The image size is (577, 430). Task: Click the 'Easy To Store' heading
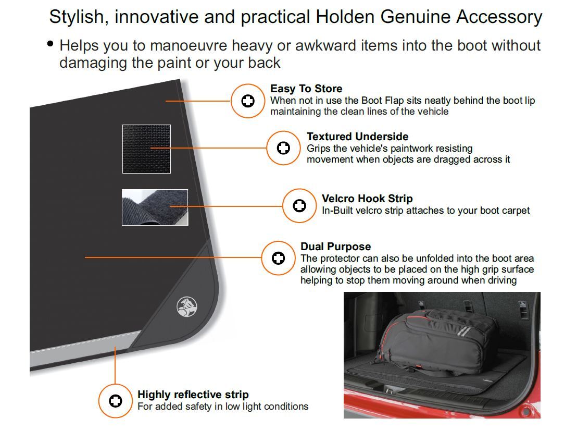(x=306, y=89)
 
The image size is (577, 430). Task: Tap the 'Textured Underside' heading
(x=357, y=137)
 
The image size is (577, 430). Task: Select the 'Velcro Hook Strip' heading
(x=367, y=199)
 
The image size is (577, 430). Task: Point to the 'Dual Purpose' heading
(x=335, y=247)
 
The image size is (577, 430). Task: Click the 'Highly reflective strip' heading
(x=193, y=395)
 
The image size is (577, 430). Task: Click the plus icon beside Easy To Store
(x=248, y=101)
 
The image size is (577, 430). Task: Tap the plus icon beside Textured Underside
(x=284, y=148)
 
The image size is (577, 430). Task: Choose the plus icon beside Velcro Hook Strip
(x=299, y=206)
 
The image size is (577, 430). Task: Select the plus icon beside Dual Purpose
(x=278, y=257)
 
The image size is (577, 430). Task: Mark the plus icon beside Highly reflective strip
(x=116, y=401)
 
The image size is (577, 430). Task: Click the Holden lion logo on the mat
(x=186, y=306)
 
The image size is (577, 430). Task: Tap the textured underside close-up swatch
(x=146, y=149)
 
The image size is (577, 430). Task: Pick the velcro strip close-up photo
(x=155, y=207)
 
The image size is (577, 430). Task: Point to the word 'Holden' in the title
(x=346, y=17)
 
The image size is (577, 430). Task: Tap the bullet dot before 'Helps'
(x=51, y=44)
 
